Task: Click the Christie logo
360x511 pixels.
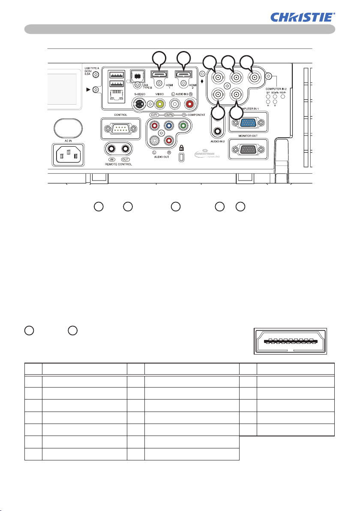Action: click(302, 17)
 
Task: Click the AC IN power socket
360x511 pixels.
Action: click(68, 154)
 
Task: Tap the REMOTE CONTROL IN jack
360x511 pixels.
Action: click(112, 149)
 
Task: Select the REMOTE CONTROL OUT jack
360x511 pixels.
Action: click(126, 149)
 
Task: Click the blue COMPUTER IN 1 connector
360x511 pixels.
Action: click(247, 123)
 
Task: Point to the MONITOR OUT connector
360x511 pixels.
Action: click(248, 150)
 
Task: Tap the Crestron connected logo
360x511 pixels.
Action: click(209, 154)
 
